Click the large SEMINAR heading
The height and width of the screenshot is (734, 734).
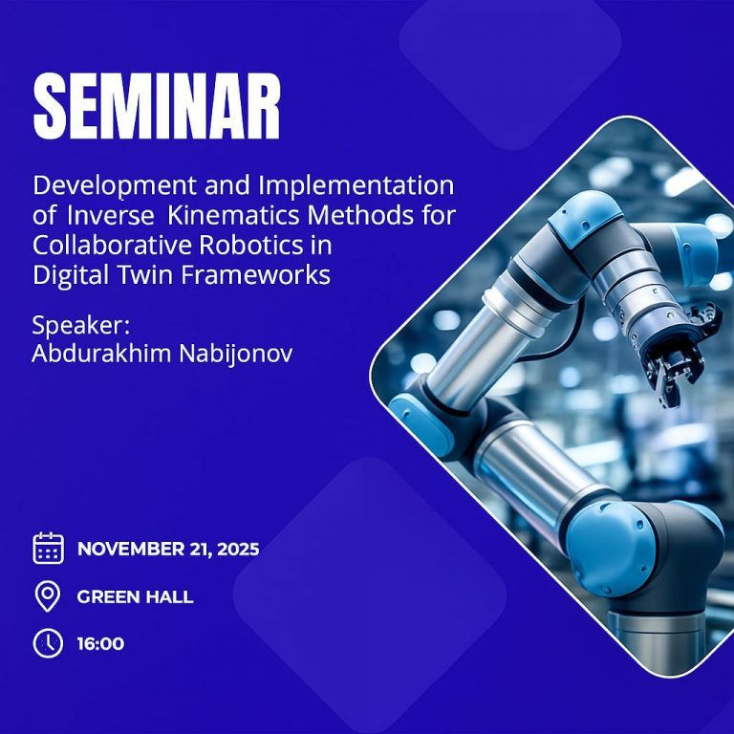(158, 106)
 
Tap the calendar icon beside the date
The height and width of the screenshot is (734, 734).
(48, 548)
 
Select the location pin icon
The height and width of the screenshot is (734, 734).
(48, 596)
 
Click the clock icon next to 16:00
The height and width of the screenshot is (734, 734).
(48, 643)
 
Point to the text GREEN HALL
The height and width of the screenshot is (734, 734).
(136, 596)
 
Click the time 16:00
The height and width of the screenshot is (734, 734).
(100, 643)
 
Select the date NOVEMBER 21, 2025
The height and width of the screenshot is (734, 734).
(168, 549)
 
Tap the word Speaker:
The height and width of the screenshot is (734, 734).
(80, 326)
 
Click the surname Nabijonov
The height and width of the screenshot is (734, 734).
(236, 355)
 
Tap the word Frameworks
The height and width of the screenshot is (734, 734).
(255, 275)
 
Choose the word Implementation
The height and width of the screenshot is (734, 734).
(356, 186)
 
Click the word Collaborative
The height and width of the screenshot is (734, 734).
(113, 246)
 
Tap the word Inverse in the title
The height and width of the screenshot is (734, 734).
(111, 216)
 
